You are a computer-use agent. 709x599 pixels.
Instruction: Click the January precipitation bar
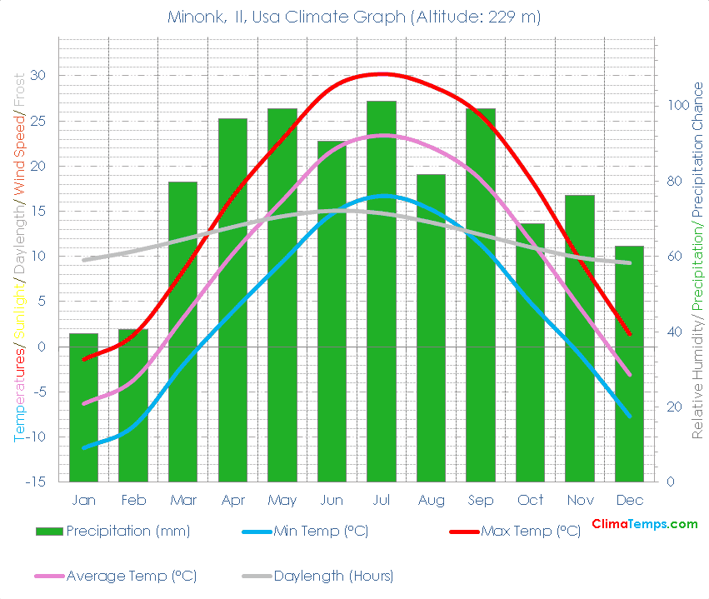(x=83, y=407)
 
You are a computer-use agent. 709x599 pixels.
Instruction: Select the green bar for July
(x=382, y=292)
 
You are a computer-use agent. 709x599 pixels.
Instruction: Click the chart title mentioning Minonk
(x=354, y=17)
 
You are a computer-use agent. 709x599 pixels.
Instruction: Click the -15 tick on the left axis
(x=38, y=482)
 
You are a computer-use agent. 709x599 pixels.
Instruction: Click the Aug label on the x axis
(x=431, y=500)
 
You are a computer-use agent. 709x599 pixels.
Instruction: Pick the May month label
(x=282, y=500)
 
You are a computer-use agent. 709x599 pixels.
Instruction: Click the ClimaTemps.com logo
(x=644, y=524)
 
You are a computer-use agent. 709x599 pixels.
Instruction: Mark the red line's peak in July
(x=382, y=74)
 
